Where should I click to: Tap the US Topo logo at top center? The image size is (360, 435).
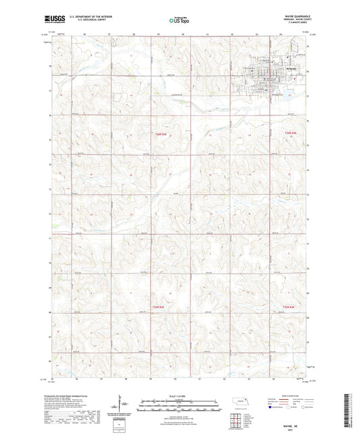pyautogui.click(x=179, y=20)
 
